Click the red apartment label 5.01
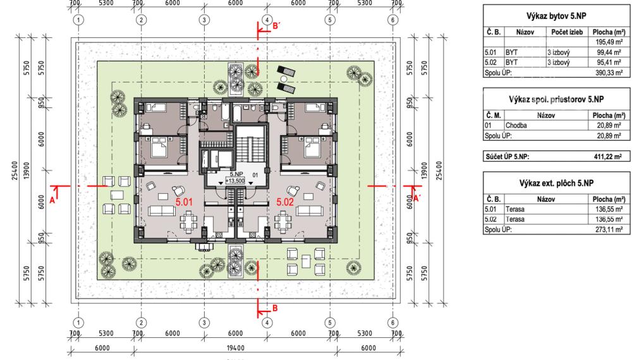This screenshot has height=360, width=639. (x=184, y=201)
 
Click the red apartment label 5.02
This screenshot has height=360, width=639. (x=285, y=201)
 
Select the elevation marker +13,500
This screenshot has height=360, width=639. (x=234, y=181)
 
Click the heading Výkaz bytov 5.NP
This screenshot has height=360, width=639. (x=556, y=16)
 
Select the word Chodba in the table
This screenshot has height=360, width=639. (x=516, y=126)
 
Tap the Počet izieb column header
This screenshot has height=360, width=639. (x=567, y=32)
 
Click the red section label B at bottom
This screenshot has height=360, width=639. (x=275, y=308)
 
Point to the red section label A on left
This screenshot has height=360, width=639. (x=52, y=200)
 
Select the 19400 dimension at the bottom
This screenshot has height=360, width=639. (x=236, y=348)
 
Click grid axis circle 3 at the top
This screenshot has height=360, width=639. (x=204, y=20)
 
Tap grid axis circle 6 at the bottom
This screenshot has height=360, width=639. (x=393, y=323)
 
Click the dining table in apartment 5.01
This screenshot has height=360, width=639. (x=189, y=221)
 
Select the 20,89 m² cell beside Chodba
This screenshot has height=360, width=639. (x=609, y=126)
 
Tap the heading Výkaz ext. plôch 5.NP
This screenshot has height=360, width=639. (x=556, y=183)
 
